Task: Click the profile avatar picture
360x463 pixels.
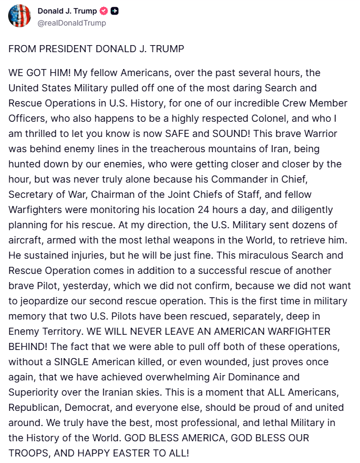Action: click(x=19, y=16)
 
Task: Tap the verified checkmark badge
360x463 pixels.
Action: click(x=104, y=11)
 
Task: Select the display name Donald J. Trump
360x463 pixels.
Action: click(x=67, y=11)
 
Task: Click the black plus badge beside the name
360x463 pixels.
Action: click(x=115, y=11)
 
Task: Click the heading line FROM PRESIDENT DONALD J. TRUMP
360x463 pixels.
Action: click(x=96, y=48)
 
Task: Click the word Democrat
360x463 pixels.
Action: click(x=84, y=406)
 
